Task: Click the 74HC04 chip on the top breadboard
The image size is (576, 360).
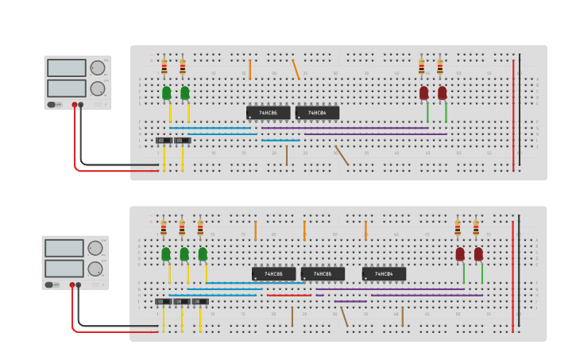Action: (x=317, y=113)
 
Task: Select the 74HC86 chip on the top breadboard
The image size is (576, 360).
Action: (x=268, y=113)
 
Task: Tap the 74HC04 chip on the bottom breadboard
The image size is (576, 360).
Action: (x=384, y=274)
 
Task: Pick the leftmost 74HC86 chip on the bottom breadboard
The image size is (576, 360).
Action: (x=273, y=274)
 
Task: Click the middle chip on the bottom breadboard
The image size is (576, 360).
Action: (x=323, y=274)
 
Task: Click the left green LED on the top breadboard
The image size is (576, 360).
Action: (x=166, y=93)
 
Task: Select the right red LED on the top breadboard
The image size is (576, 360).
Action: (x=442, y=93)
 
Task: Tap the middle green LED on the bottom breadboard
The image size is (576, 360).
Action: (x=184, y=254)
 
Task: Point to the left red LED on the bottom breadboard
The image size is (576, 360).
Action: (x=460, y=254)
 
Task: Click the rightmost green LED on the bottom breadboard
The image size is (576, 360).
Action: (x=203, y=254)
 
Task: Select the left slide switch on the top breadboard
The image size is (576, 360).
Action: (x=164, y=141)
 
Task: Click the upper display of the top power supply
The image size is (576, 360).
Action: (x=66, y=68)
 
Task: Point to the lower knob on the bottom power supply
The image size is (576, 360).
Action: (x=95, y=269)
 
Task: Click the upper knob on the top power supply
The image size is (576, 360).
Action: (x=97, y=68)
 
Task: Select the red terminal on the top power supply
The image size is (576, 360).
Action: (x=75, y=105)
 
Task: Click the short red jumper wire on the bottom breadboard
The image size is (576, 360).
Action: (x=288, y=296)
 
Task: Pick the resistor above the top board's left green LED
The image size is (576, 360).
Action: (x=164, y=67)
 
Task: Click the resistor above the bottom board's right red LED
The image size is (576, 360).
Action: (x=476, y=228)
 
